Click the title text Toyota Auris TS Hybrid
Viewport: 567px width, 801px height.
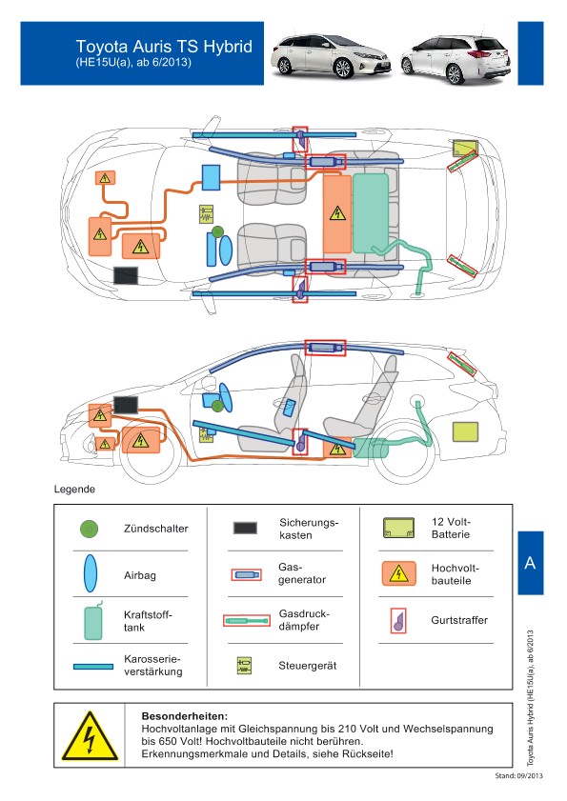point(164,47)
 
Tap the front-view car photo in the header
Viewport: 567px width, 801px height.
point(332,55)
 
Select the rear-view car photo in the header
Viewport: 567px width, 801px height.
point(456,58)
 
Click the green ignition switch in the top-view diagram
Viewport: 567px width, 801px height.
point(217,231)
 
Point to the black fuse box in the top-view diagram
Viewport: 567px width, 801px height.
point(125,275)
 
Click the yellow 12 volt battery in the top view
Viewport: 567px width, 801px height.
point(465,148)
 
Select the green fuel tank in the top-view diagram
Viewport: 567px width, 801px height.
point(370,213)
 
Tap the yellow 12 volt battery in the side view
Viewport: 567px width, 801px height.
point(465,431)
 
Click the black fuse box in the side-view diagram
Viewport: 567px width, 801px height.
point(126,406)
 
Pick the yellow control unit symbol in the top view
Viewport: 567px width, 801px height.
point(206,214)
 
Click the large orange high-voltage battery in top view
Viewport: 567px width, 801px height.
point(337,213)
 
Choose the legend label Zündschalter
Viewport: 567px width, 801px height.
point(156,529)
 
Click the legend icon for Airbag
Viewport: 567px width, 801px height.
point(91,573)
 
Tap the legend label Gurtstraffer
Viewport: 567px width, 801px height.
point(459,620)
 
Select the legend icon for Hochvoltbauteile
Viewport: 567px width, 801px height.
point(398,573)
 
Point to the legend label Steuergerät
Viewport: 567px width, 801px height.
point(307,666)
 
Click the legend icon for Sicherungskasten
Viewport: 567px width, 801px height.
point(246,528)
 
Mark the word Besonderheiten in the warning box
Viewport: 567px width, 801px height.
point(185,716)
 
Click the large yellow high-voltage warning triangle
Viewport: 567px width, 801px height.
point(90,736)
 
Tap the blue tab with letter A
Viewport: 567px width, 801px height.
point(530,563)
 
